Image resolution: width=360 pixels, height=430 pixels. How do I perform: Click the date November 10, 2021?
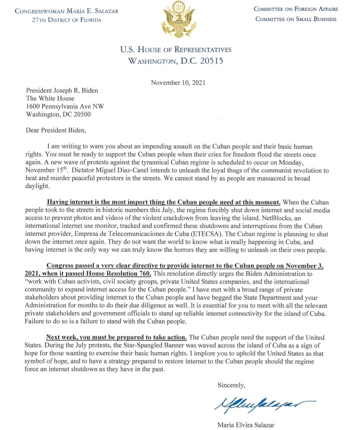coord(178,82)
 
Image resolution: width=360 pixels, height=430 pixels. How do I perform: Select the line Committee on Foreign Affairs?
coord(296,9)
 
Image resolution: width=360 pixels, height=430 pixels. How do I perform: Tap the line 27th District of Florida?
coord(67,20)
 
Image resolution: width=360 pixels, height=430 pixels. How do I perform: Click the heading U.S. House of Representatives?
coord(176,50)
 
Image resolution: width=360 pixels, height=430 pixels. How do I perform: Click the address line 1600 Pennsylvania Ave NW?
coord(65,106)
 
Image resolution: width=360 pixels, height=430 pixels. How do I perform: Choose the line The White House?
coord(50,98)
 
